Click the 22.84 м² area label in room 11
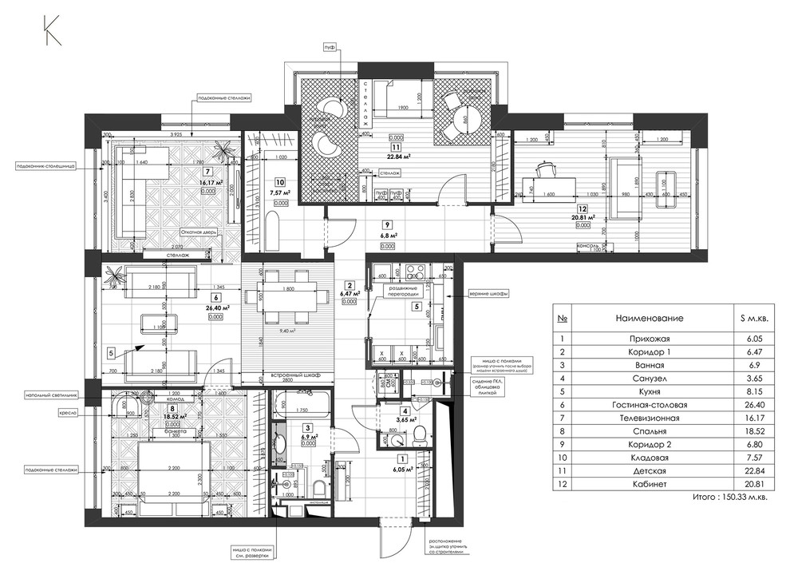coord(397,157)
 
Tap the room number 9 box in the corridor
coord(388,224)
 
